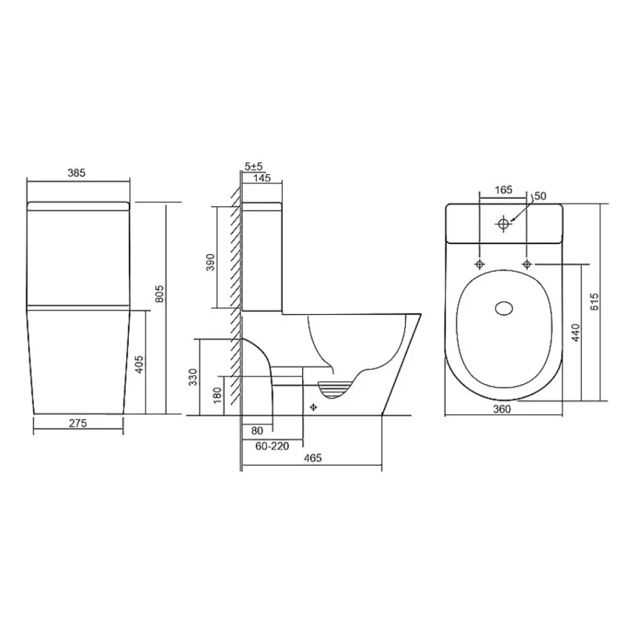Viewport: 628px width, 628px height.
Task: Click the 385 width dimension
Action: point(76,173)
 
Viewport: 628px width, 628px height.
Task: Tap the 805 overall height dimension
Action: point(159,293)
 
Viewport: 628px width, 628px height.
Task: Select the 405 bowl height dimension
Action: point(139,364)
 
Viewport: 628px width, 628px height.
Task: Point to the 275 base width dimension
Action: point(78,423)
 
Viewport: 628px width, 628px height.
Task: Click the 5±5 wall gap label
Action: point(254,166)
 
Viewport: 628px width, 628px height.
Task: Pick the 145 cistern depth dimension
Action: point(262,177)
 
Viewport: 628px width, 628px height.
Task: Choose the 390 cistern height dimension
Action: point(210,262)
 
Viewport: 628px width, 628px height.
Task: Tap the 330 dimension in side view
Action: point(193,377)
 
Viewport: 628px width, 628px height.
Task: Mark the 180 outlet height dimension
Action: point(217,396)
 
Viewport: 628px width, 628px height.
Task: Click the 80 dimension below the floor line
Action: point(257,431)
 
